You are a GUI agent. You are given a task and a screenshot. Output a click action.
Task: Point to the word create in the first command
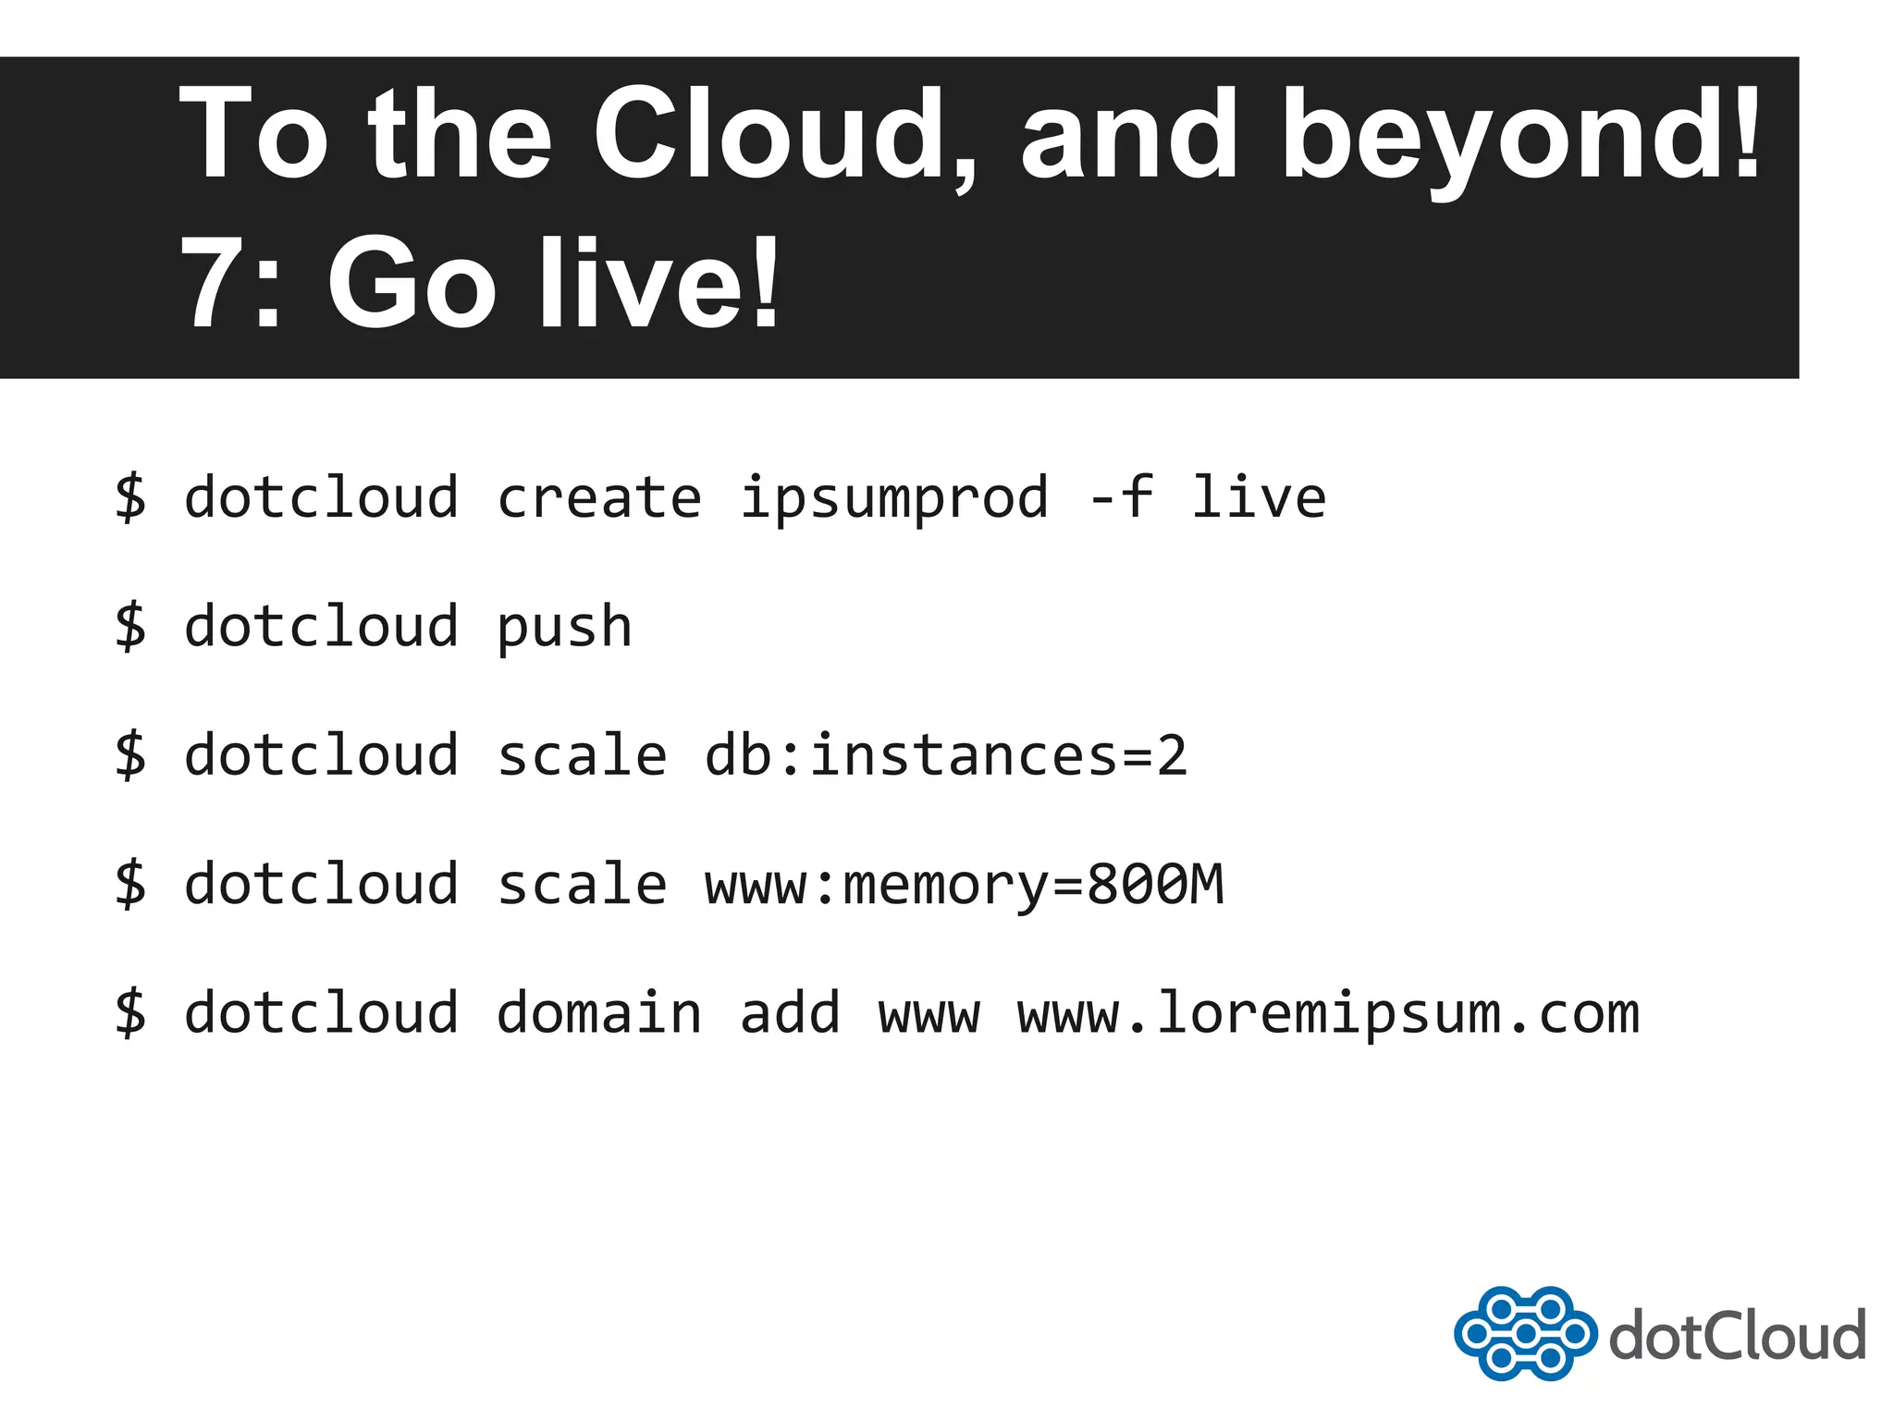(x=599, y=497)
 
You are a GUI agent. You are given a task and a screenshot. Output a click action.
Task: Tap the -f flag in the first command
(x=1121, y=497)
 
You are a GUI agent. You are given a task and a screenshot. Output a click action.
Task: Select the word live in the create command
(x=1258, y=497)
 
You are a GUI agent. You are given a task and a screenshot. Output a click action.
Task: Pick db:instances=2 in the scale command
(x=945, y=755)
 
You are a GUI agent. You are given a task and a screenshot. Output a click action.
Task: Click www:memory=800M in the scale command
(x=964, y=885)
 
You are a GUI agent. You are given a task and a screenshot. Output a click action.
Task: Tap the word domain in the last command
(x=599, y=1012)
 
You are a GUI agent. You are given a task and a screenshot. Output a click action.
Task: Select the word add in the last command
(x=790, y=1012)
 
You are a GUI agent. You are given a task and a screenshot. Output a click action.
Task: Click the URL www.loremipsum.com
(x=1328, y=1014)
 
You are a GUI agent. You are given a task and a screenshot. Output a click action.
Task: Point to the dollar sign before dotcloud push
(x=130, y=626)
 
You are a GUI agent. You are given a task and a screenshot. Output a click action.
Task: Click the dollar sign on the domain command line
(x=130, y=1012)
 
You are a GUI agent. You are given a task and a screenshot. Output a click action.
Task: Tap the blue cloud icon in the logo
(x=1525, y=1333)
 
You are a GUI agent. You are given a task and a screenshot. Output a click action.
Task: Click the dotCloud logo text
(x=1737, y=1336)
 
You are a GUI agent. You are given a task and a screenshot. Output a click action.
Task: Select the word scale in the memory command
(x=582, y=885)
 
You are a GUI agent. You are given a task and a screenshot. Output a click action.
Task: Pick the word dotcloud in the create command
(x=321, y=497)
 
